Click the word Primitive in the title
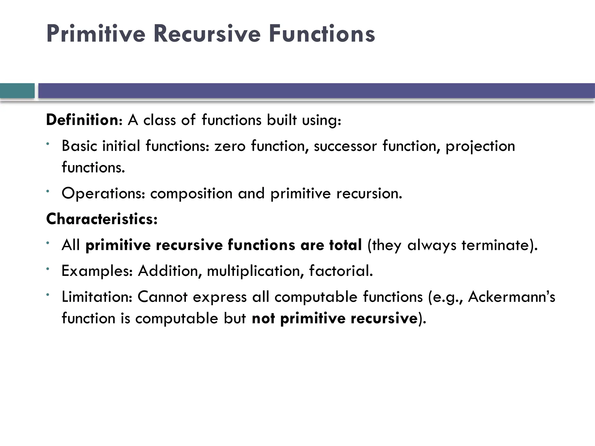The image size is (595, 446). coord(96,34)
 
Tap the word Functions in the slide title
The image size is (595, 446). coord(322,34)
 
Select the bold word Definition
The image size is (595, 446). coord(82,120)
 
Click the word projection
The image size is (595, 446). coord(480,146)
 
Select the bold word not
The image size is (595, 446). coord(263,318)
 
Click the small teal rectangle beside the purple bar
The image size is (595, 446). coord(17,91)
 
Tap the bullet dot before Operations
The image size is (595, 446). coord(47,191)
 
